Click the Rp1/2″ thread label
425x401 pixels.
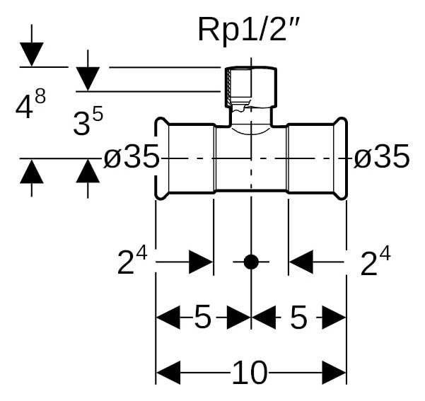(248, 30)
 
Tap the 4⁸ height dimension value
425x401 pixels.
(30, 104)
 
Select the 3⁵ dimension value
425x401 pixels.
(88, 120)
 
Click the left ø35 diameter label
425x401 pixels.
(131, 156)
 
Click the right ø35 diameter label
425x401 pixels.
(382, 156)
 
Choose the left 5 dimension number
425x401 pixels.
(203, 316)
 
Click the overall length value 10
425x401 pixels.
(250, 372)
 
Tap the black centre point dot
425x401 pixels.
(251, 262)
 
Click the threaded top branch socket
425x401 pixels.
(251, 87)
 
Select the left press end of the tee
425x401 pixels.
(185, 158)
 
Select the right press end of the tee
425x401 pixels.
(317, 158)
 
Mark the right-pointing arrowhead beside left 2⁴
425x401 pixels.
(201, 262)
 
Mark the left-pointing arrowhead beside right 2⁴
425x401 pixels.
(301, 262)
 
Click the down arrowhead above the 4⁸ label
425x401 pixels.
(31, 54)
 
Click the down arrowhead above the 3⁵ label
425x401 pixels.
(88, 79)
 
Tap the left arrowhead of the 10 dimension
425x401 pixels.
(168, 372)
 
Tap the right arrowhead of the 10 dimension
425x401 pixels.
(334, 372)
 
